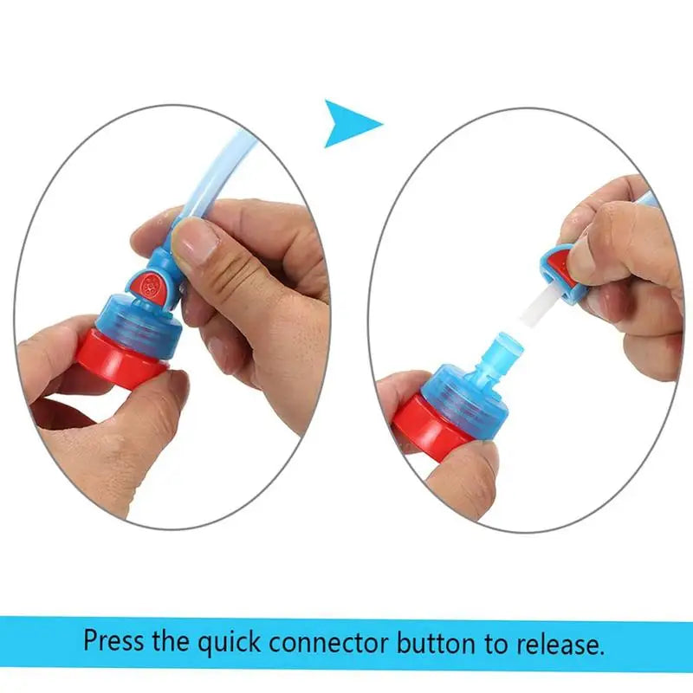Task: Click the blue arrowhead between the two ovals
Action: (348, 123)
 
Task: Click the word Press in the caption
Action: (113, 643)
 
